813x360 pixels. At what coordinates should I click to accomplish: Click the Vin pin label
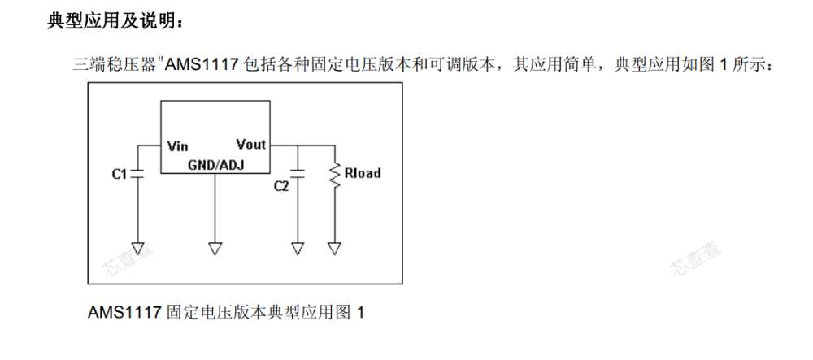pos(177,146)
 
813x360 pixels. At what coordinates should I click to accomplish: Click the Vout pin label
pos(251,144)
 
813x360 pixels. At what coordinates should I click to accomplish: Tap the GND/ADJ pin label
pos(215,165)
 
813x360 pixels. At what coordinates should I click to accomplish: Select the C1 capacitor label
pos(120,175)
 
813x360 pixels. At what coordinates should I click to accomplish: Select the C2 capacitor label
pos(281,186)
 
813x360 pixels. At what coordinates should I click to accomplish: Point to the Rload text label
pos(363,173)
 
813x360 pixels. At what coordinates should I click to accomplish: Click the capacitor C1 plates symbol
pos(138,173)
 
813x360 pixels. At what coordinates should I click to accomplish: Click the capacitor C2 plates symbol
pos(298,173)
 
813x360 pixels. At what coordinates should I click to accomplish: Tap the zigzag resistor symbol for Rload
pos(335,175)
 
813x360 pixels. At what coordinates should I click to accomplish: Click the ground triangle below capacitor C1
pos(138,249)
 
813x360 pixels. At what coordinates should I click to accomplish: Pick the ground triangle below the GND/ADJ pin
pos(215,249)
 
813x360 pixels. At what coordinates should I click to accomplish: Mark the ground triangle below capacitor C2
pos(298,249)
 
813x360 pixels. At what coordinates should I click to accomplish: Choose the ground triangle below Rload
pos(335,249)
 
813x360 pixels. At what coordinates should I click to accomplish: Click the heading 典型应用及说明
pos(115,21)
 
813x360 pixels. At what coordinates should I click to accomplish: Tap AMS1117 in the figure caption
pos(124,313)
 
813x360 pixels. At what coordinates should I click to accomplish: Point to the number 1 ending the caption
pos(360,313)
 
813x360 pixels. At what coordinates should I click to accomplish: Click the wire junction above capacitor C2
pos(298,145)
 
